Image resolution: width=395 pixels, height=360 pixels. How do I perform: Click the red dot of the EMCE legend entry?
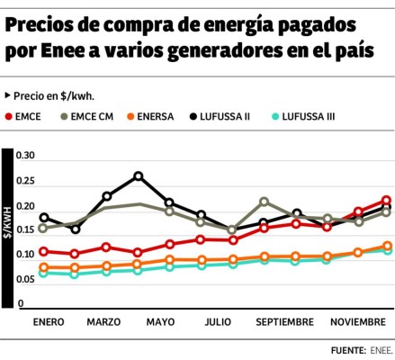click(9, 116)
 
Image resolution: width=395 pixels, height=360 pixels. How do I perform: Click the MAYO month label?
click(160, 321)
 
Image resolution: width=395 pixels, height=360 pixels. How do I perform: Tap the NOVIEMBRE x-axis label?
click(357, 321)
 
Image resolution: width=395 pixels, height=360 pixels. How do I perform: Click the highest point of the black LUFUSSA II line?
click(139, 176)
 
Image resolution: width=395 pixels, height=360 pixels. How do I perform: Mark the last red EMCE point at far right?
click(386, 201)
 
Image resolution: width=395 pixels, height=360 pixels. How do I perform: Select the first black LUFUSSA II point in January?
click(44, 218)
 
